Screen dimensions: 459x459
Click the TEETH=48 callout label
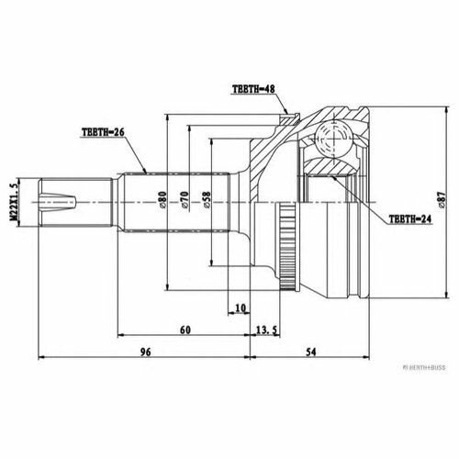253,89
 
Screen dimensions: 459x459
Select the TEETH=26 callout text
103,132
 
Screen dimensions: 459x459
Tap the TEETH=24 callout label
410,218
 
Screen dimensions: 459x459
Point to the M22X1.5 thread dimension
14,202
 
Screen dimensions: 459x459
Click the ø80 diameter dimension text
162,200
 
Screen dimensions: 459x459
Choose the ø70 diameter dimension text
185,200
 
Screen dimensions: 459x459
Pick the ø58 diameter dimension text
207,200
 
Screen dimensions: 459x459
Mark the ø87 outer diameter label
442,200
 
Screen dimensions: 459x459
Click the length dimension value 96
146,352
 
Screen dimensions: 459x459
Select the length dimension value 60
185,330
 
